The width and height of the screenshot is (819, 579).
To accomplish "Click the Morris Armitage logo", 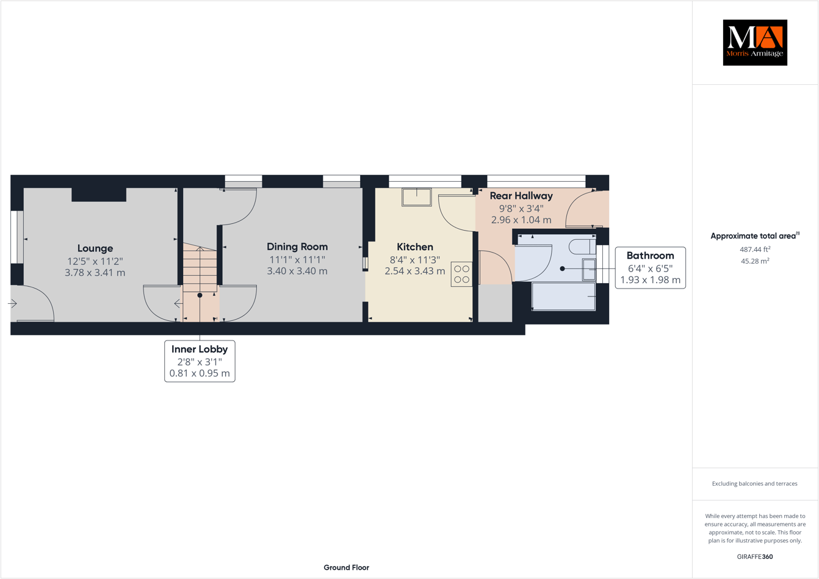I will pyautogui.click(x=755, y=43).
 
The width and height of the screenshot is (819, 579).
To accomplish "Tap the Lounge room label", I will pyautogui.click(x=95, y=248).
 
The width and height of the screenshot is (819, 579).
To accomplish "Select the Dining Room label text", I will pyautogui.click(x=297, y=246).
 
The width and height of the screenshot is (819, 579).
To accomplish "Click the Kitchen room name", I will pyautogui.click(x=415, y=246).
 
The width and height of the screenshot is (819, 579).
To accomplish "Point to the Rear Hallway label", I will pyautogui.click(x=521, y=196).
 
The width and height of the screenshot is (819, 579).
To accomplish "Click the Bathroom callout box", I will pyautogui.click(x=650, y=268).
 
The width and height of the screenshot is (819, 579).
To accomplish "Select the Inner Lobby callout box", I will pyautogui.click(x=200, y=361).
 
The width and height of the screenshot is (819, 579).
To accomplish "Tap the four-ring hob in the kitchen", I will pyautogui.click(x=462, y=274).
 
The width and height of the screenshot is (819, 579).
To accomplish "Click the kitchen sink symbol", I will pyautogui.click(x=416, y=197).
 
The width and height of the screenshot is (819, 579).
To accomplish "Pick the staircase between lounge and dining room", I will pyautogui.click(x=200, y=268).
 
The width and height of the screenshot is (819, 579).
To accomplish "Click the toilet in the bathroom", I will pyautogui.click(x=582, y=246).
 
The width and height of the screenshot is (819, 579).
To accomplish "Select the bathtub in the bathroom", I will pyautogui.click(x=563, y=297).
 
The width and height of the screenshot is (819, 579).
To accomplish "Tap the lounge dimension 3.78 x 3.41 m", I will pyautogui.click(x=95, y=273).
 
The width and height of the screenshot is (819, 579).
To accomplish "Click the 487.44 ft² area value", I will pyautogui.click(x=755, y=250).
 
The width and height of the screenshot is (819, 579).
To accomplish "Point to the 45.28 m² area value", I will pyautogui.click(x=755, y=261).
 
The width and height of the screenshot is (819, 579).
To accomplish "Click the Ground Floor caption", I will pyautogui.click(x=346, y=567).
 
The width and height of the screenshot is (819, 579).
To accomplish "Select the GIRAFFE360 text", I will pyautogui.click(x=755, y=556).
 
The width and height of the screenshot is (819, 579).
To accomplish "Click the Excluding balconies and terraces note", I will pyautogui.click(x=755, y=484).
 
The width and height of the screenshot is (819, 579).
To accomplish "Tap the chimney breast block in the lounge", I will pyautogui.click(x=99, y=195).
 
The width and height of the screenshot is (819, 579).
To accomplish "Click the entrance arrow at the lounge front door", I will pyautogui.click(x=12, y=303).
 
